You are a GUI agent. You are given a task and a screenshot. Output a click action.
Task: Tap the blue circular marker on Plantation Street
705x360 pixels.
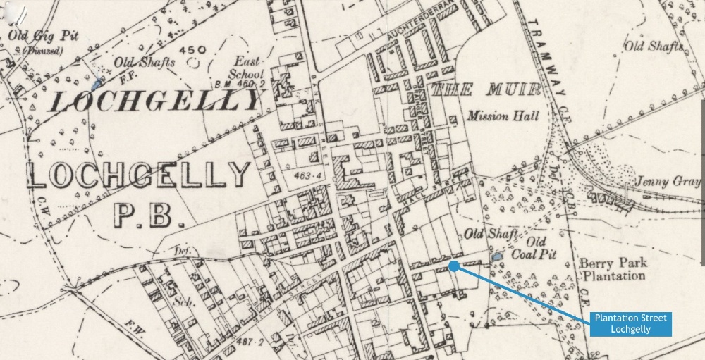(454, 266)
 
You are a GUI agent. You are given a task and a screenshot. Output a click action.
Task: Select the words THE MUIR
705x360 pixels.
(486, 89)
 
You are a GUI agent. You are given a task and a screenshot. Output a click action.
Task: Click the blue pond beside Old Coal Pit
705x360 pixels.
(497, 258)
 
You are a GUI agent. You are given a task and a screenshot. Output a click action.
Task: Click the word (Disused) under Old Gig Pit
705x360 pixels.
(42, 51)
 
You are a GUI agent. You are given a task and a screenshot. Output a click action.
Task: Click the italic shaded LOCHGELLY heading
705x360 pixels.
(156, 103)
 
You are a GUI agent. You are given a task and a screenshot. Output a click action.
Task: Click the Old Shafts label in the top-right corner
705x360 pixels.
(654, 46)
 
